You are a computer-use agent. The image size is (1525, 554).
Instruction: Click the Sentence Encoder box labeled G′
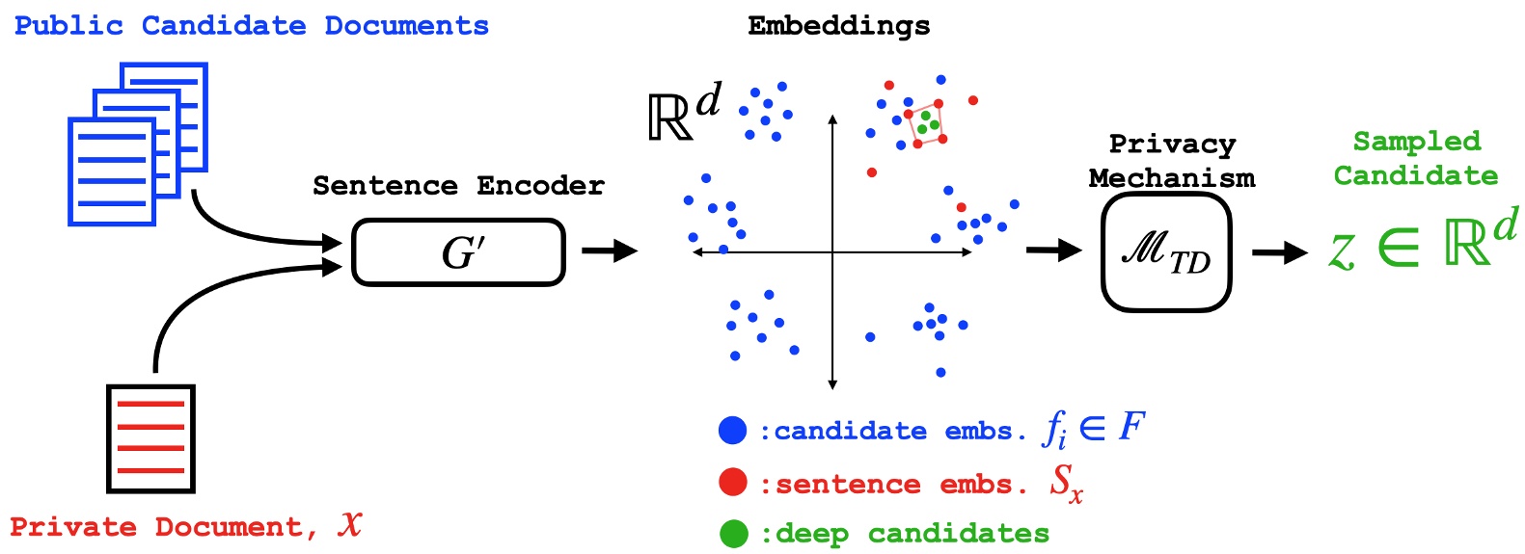pos(458,252)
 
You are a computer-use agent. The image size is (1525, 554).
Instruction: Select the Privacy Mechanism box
pos(1165,252)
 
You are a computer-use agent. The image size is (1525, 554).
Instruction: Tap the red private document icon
pos(150,438)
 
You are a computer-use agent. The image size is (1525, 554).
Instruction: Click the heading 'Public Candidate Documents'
pos(252,26)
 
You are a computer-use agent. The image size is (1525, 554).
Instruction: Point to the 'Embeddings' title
pos(838,26)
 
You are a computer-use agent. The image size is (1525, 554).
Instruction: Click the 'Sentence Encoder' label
pos(458,185)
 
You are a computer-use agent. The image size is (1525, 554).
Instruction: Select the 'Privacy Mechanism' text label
pos(1171,161)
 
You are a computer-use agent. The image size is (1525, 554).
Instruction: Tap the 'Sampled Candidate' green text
pos(1415,158)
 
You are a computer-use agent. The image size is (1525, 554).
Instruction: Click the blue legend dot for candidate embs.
pos(733,431)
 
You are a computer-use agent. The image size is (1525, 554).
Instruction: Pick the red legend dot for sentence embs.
pos(733,483)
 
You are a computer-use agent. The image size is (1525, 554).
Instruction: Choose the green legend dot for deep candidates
pos(733,534)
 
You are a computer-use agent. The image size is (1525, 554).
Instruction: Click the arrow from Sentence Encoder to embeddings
pos(610,251)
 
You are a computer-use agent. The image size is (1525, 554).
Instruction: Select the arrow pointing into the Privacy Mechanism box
pos(1053,251)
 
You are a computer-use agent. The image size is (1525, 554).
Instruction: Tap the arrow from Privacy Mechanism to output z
pos(1279,252)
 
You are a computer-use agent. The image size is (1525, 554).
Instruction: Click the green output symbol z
pos(1342,252)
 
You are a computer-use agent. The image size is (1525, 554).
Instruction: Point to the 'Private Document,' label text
pos(164,527)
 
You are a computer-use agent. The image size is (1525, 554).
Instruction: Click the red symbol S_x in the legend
pos(1066,483)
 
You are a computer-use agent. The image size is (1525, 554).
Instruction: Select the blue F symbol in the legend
pos(1130,426)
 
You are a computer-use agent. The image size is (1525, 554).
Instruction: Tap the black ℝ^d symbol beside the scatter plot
pos(684,113)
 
